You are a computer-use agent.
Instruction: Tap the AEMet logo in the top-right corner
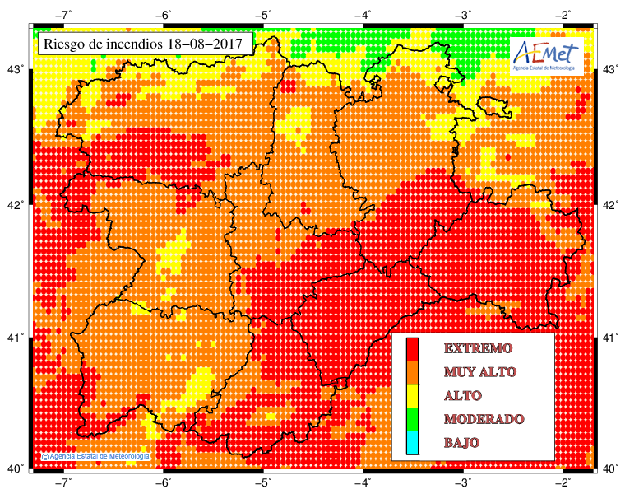546,55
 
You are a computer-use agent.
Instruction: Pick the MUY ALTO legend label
483,372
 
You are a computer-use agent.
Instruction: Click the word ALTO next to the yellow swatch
462,395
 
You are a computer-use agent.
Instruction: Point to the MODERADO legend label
484,419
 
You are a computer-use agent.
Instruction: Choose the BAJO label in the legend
461,443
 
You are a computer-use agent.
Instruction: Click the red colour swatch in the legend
413,349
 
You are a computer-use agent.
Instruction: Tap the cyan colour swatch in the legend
413,443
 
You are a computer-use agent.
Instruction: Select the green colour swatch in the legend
413,419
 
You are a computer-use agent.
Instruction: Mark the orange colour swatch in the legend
413,372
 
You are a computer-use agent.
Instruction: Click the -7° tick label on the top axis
63,14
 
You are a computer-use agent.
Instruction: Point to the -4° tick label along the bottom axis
363,482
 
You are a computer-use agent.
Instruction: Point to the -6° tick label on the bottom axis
164,482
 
